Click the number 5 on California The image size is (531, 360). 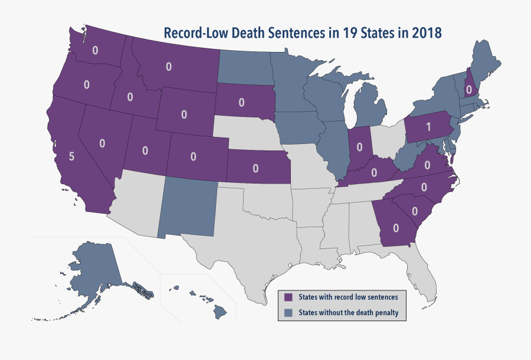(71, 157)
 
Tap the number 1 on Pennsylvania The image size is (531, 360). (428, 127)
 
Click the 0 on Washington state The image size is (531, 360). (95, 50)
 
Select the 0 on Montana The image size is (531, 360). (169, 67)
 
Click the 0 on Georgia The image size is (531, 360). (396, 228)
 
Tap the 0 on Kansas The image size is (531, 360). (255, 168)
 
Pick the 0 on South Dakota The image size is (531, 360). (241, 102)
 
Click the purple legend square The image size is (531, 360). (289, 297)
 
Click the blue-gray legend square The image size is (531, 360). (289, 312)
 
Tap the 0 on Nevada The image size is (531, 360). (102, 143)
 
